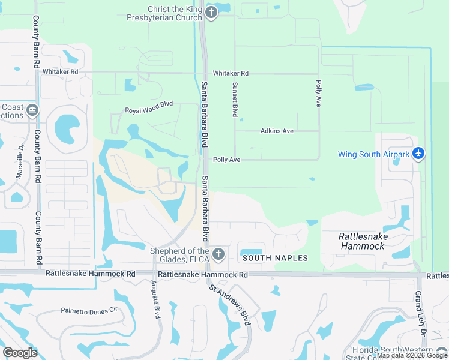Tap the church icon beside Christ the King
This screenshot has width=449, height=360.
[211, 12]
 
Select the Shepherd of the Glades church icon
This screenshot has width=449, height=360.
[218, 254]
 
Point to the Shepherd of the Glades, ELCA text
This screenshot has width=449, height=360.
[179, 255]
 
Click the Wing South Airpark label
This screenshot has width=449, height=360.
[373, 154]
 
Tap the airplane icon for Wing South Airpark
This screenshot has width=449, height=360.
[418, 154]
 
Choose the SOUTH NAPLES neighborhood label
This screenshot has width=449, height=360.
[275, 258]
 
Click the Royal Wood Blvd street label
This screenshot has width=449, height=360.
[149, 111]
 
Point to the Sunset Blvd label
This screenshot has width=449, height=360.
[235, 100]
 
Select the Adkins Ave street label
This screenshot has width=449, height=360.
[277, 131]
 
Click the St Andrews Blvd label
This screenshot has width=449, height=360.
[229, 305]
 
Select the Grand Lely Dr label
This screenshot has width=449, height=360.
[420, 313]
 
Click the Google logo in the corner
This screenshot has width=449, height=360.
[20, 352]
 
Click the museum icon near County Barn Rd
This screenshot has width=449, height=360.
[32, 110]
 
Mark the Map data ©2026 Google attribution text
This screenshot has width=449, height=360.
[412, 356]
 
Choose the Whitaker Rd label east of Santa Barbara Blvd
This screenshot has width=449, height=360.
[230, 73]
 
